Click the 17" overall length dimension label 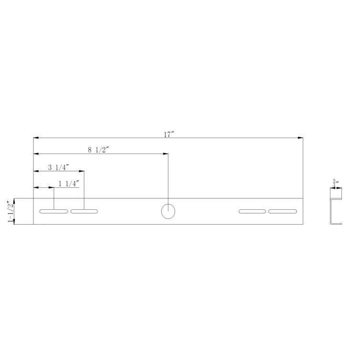coord(168,134)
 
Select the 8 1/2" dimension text coord(99,150)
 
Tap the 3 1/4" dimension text coord(59,167)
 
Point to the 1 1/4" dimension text coord(68,184)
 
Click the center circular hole coord(168,211)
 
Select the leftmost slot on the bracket coord(53,211)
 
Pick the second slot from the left coord(84,211)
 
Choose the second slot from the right coord(252,211)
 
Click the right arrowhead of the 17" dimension coord(301,138)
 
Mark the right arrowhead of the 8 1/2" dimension coord(165,154)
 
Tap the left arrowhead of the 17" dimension coord(36,138)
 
